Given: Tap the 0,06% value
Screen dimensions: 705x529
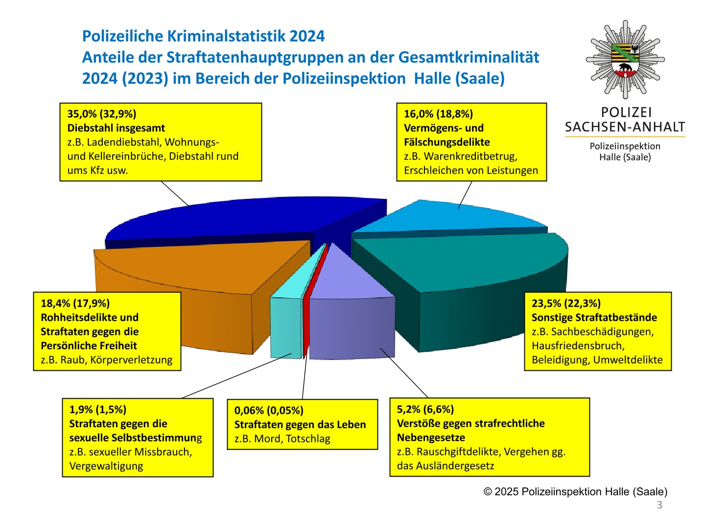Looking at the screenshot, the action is [x=249, y=410].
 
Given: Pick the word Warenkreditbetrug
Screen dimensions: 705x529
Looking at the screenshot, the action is [x=470, y=156].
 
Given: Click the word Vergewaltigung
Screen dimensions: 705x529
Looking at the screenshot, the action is [x=106, y=466].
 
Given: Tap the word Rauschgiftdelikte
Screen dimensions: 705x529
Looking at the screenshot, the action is [x=459, y=452].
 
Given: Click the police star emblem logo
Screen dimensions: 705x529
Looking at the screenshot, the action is [x=625, y=59].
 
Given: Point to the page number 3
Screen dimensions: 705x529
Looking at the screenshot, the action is [x=659, y=505].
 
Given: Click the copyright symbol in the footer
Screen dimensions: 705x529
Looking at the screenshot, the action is [x=488, y=492].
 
